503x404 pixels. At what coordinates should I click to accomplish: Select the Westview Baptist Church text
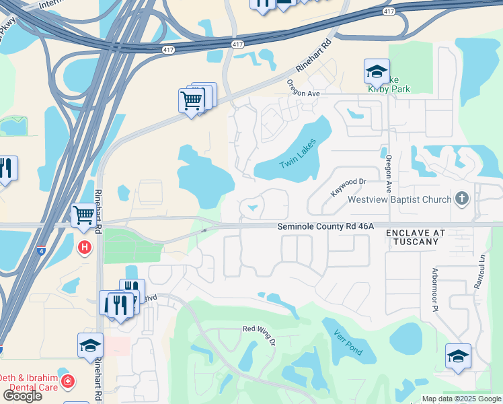(398, 199)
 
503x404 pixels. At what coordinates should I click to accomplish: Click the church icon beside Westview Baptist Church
(461, 199)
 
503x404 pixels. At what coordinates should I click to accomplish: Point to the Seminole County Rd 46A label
(325, 228)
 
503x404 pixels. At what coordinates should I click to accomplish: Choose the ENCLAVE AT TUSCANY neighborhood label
(416, 237)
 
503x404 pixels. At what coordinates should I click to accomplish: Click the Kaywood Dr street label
(348, 187)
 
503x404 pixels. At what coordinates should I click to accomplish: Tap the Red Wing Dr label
(259, 334)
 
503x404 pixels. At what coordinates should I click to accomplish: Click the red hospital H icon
(85, 248)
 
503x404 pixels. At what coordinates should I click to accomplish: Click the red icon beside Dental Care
(67, 382)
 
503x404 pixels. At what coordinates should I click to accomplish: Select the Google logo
(22, 396)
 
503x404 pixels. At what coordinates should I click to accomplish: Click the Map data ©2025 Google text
(461, 399)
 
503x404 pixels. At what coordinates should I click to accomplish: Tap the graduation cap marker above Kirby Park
(377, 71)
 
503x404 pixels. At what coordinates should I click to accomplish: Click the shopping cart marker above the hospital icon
(83, 215)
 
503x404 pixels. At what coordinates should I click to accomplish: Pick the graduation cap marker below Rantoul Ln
(458, 356)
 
